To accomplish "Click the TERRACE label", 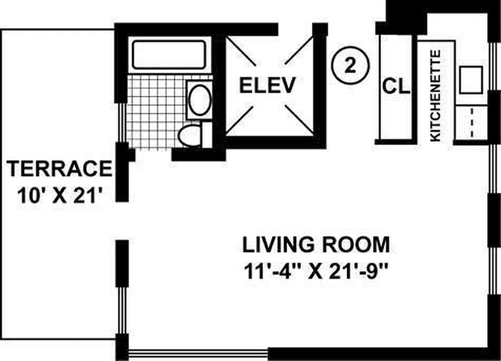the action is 60,169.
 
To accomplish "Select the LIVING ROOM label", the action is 316,245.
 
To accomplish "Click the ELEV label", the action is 267,85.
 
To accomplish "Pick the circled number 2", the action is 350,66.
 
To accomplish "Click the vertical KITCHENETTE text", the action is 436,95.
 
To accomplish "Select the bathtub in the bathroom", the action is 169,54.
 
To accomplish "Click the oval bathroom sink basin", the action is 200,100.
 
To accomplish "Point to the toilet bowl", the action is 190,135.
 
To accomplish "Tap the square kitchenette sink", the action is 471,80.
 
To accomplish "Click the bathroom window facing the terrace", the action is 121,122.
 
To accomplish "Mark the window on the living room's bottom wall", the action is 198,354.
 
